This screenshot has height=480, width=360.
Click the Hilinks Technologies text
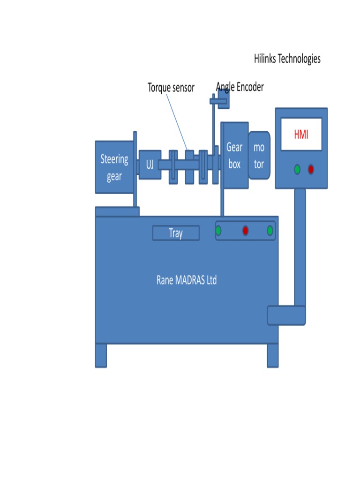(x=287, y=59)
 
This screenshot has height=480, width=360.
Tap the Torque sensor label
(x=171, y=88)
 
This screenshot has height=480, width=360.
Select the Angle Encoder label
(x=240, y=87)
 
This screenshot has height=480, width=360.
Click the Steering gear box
(x=114, y=167)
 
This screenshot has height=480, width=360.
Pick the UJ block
(x=150, y=165)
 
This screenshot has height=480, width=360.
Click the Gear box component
(x=234, y=156)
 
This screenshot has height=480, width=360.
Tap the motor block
(x=259, y=156)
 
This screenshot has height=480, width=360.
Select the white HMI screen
(x=301, y=134)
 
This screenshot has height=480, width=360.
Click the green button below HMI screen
(x=297, y=169)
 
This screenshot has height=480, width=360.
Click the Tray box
(x=176, y=233)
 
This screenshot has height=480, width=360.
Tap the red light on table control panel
(x=245, y=231)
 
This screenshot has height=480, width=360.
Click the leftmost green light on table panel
(x=218, y=231)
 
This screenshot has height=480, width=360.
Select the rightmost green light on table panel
(x=270, y=231)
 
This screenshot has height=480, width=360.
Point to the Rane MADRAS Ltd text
(x=187, y=280)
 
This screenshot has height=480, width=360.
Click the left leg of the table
(x=101, y=355)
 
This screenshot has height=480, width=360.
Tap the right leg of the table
(x=272, y=355)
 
